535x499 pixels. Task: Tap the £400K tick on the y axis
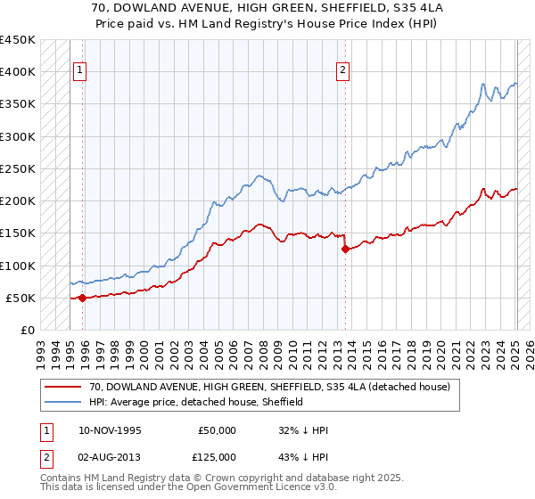(17, 72)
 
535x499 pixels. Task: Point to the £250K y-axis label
(17, 168)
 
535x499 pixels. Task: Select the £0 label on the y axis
(27, 330)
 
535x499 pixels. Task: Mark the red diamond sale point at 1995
(82, 298)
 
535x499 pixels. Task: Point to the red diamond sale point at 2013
(344, 250)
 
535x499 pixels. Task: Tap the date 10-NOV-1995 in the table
(111, 430)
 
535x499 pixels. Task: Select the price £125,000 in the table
(217, 457)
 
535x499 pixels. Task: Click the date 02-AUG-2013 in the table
(111, 457)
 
